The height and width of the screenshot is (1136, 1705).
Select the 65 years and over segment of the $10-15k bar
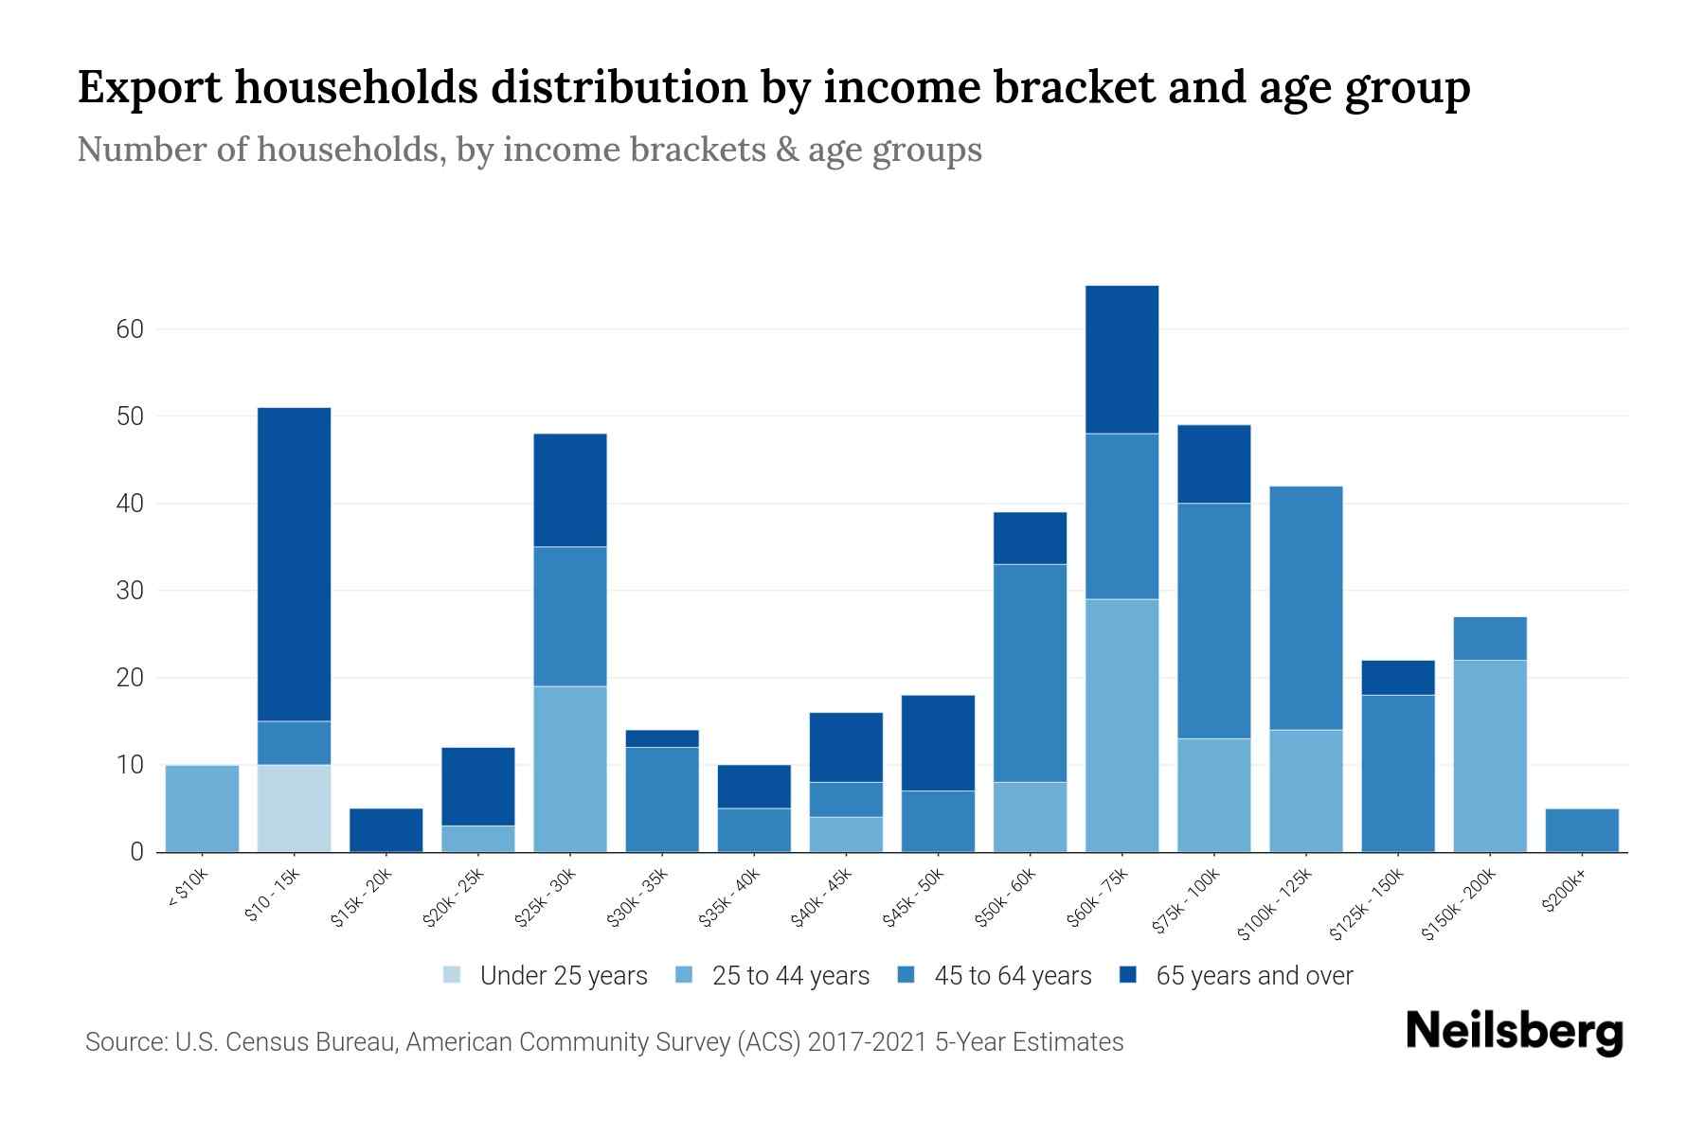(294, 564)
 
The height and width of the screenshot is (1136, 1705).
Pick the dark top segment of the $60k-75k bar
(1122, 360)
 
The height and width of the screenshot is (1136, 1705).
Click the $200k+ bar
(1582, 830)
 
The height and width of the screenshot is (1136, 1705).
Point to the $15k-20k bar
(386, 830)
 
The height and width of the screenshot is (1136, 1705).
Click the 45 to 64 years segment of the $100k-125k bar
(1305, 608)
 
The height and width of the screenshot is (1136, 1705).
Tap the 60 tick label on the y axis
(130, 329)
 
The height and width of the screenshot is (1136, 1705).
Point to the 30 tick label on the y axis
(130, 591)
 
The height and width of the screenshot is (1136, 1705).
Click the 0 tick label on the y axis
(137, 852)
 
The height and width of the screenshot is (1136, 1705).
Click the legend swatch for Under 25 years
(453, 975)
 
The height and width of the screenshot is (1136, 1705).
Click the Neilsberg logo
(1514, 1032)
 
